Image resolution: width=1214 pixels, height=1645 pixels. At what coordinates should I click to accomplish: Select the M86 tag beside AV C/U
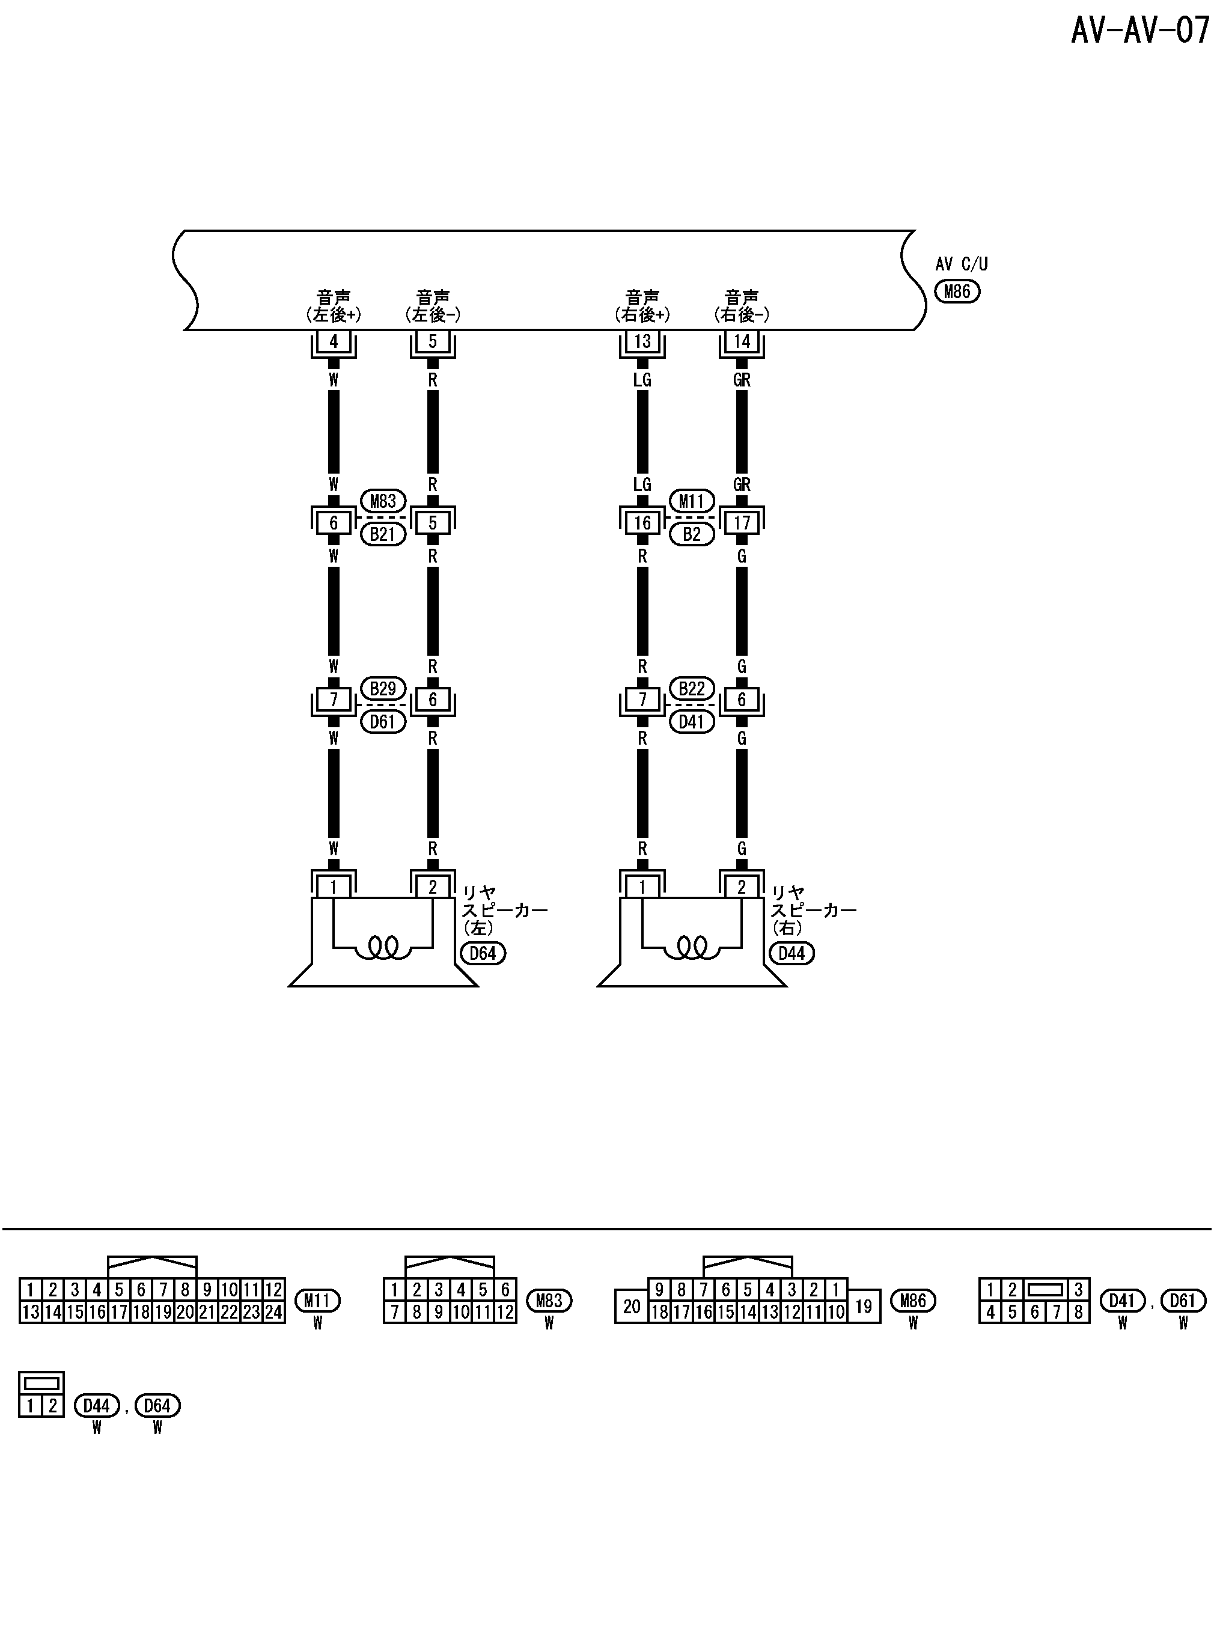[957, 291]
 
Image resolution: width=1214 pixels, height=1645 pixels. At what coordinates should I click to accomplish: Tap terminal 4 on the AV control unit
[334, 341]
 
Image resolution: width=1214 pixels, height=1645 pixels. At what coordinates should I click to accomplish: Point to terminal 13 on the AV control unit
[642, 341]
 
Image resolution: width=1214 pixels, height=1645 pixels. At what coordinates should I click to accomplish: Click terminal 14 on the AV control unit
[742, 341]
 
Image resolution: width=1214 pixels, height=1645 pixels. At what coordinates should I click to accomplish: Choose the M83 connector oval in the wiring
[383, 501]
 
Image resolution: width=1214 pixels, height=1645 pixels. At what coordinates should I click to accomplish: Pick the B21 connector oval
[383, 534]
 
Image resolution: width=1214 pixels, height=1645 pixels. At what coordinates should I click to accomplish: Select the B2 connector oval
[692, 534]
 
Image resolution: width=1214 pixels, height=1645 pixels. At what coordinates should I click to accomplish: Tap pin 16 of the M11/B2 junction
[642, 523]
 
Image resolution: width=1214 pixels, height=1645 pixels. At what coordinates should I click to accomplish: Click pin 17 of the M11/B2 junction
[742, 523]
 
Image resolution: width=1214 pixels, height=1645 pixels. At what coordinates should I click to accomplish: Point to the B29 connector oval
[383, 688]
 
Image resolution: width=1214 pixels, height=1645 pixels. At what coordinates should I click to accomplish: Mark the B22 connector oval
[692, 688]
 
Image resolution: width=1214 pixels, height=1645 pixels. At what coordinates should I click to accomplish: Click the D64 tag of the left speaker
[483, 954]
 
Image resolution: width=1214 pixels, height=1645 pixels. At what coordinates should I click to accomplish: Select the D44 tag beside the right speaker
[792, 954]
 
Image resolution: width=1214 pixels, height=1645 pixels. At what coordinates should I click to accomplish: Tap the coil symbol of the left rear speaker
[383, 948]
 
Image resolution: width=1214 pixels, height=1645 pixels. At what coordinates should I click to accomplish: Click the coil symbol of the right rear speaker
[692, 948]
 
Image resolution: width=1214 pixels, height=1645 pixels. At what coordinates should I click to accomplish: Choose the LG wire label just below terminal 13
[642, 380]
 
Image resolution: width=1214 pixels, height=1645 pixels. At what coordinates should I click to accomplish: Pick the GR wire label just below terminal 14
[742, 380]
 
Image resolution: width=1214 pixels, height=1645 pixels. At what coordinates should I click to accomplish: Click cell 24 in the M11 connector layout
[273, 1312]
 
